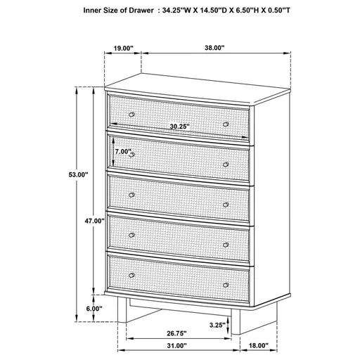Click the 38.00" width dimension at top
click(x=214, y=49)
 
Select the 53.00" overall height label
click(x=77, y=174)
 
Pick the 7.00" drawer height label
click(x=123, y=151)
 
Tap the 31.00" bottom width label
click(x=176, y=346)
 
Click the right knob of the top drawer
click(x=226, y=124)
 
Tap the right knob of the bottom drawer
click(x=226, y=285)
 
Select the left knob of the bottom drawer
click(x=131, y=274)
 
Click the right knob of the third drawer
click(x=226, y=205)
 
